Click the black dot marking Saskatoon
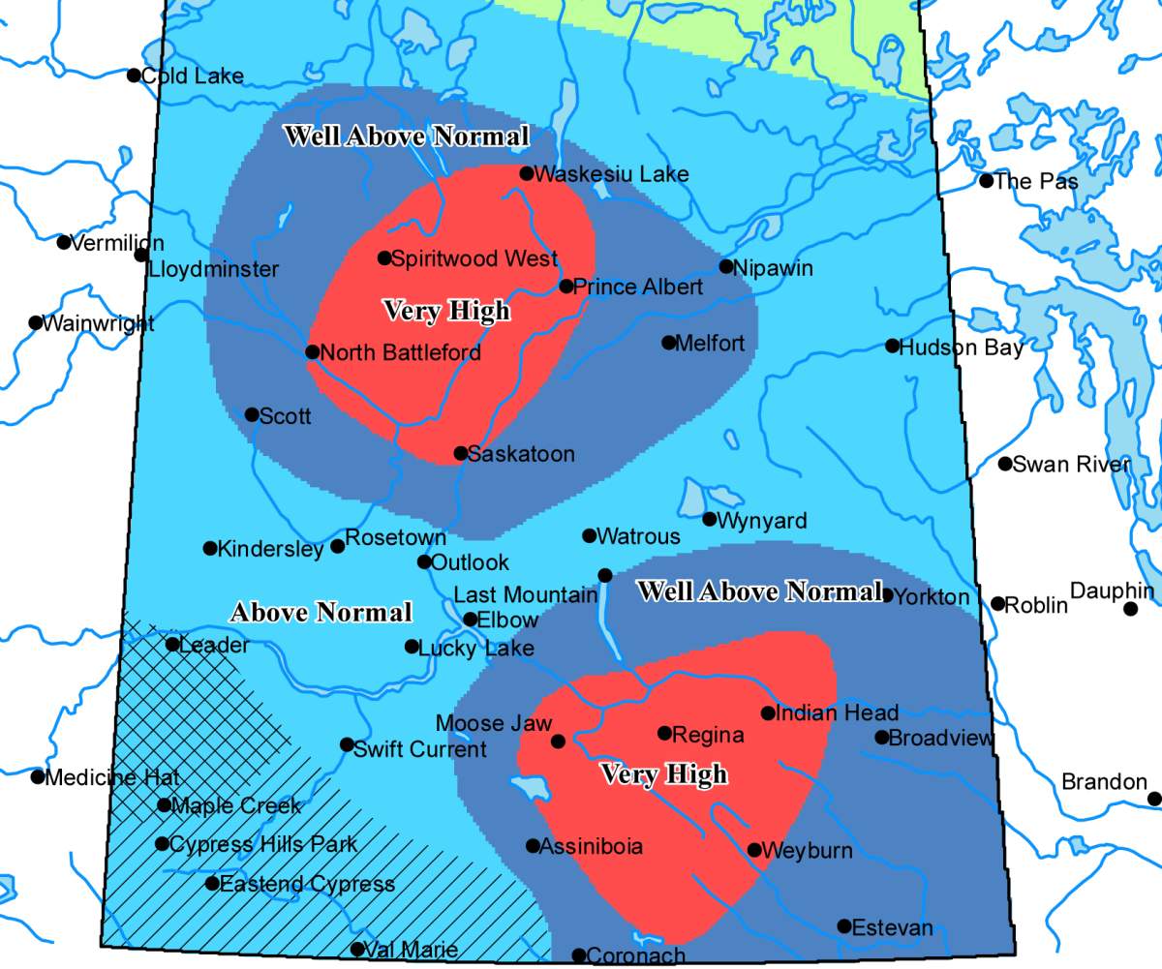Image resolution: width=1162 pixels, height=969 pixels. click(461, 453)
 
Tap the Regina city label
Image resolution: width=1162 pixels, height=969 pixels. click(708, 735)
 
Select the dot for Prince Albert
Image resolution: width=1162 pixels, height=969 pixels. click(566, 286)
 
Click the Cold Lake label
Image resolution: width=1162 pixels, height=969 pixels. click(193, 76)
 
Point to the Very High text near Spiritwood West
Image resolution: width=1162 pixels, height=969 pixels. click(446, 311)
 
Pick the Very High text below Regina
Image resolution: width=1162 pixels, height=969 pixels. click(663, 774)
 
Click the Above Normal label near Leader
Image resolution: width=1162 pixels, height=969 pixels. click(321, 613)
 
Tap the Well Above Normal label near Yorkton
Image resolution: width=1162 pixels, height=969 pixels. click(759, 591)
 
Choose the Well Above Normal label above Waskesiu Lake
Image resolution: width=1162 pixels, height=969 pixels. click(406, 136)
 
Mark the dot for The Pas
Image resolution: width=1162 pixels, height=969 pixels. click(987, 180)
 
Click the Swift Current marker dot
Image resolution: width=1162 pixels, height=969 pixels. click(347, 744)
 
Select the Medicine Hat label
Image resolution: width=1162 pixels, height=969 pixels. click(112, 777)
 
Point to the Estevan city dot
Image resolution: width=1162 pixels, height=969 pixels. click(844, 926)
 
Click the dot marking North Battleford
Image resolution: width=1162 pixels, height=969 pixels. click(312, 351)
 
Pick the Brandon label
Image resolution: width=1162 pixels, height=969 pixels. click(1104, 781)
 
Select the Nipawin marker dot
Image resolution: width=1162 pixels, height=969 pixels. click(726, 266)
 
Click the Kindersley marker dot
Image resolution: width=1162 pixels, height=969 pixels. click(210, 548)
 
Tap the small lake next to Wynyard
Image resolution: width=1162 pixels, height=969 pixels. click(693, 498)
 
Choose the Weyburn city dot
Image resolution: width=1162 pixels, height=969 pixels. click(754, 850)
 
